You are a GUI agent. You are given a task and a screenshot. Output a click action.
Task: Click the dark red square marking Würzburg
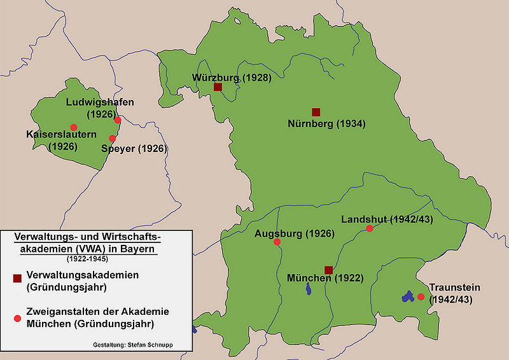point(218,87)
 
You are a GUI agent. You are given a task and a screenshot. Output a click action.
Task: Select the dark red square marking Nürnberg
point(316,112)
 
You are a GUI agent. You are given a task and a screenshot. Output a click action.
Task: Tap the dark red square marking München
point(328,270)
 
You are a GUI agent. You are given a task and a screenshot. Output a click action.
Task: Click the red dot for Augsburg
point(277,242)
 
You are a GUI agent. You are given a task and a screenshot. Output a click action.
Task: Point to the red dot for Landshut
point(370,228)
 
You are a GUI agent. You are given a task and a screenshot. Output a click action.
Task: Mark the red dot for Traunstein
point(421,297)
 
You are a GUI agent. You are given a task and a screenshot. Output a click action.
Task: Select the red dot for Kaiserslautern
point(74,127)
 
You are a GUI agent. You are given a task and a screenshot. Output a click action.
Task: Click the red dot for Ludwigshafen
point(118,120)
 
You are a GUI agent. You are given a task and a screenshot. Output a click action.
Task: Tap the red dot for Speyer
point(113,139)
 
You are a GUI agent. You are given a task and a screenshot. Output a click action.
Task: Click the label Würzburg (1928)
point(232,78)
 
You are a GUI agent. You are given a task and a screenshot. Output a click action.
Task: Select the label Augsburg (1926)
point(295,233)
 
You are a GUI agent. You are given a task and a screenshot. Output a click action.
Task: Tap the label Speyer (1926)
point(134,148)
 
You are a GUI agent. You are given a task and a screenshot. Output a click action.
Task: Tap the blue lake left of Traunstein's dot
point(407,296)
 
